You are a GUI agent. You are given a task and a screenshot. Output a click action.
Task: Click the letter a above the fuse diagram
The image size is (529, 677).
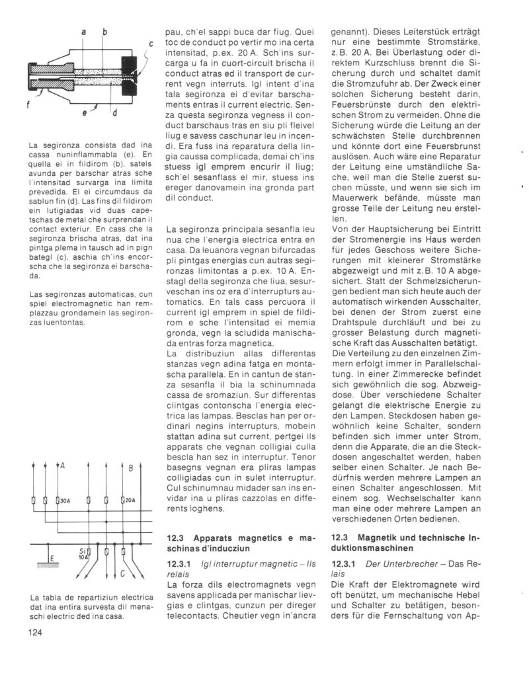tap(85, 32)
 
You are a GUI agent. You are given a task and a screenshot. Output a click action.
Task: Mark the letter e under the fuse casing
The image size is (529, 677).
tap(86, 113)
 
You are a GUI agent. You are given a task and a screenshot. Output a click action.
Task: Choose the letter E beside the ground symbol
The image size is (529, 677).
tap(52, 559)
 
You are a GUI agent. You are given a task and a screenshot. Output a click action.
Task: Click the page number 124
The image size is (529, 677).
tap(37, 633)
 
